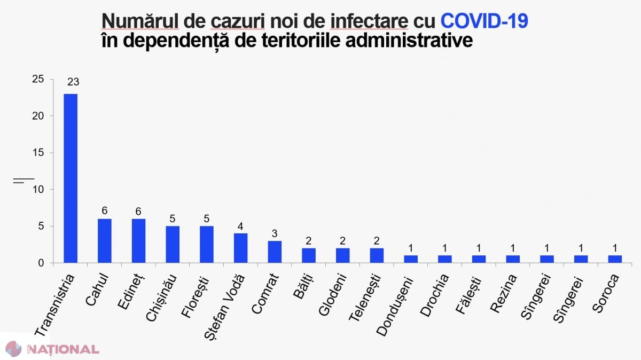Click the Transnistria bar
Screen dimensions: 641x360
(x=71, y=178)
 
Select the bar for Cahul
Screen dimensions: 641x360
(x=105, y=241)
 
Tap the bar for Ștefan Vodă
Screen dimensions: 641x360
(x=241, y=248)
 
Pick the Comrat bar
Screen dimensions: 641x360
(x=275, y=252)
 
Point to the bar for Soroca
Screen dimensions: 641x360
(x=615, y=259)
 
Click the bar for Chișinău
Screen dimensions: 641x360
(x=173, y=245)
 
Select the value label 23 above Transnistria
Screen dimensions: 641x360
(x=73, y=82)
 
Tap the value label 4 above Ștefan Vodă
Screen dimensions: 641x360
(x=240, y=226)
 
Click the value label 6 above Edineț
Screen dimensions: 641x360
(x=138, y=212)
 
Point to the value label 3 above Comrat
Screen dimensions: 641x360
(x=275, y=233)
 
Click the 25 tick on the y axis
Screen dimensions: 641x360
(x=38, y=79)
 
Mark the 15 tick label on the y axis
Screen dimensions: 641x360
(x=38, y=153)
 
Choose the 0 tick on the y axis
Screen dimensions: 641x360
(x=41, y=263)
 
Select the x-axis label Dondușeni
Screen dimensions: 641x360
(x=395, y=306)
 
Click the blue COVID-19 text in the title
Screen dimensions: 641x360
(x=484, y=21)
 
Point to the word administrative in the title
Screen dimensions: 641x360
(x=409, y=41)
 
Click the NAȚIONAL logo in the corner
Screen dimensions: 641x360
(x=53, y=349)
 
